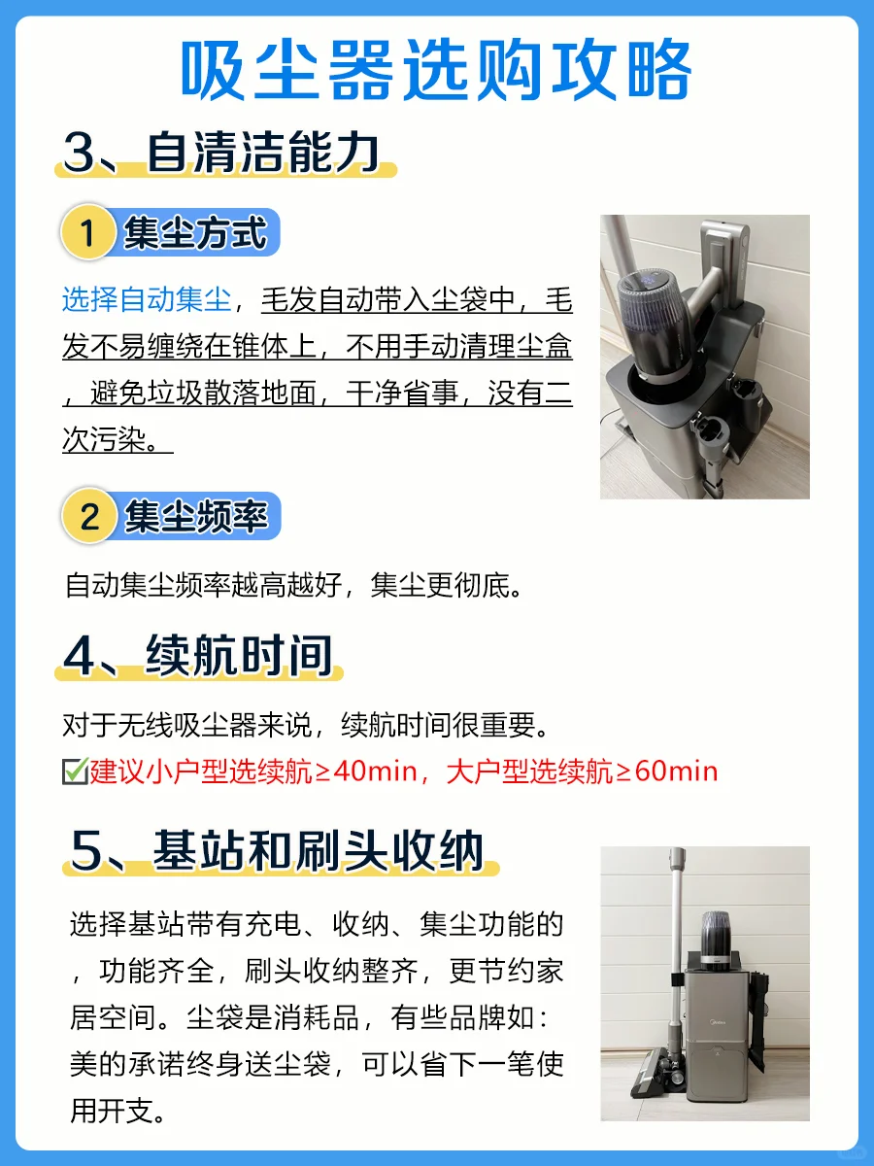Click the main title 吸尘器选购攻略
pos(436,70)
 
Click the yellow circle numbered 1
pos(88,232)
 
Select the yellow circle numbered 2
pos(89,516)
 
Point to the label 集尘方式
pos(195,232)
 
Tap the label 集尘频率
pos(196,516)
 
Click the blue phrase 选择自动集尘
pos(147,299)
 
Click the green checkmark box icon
pos(76,772)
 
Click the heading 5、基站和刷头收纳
pos(277,851)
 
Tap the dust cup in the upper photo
pos(656,324)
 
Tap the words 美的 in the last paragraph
pos(99,1064)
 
